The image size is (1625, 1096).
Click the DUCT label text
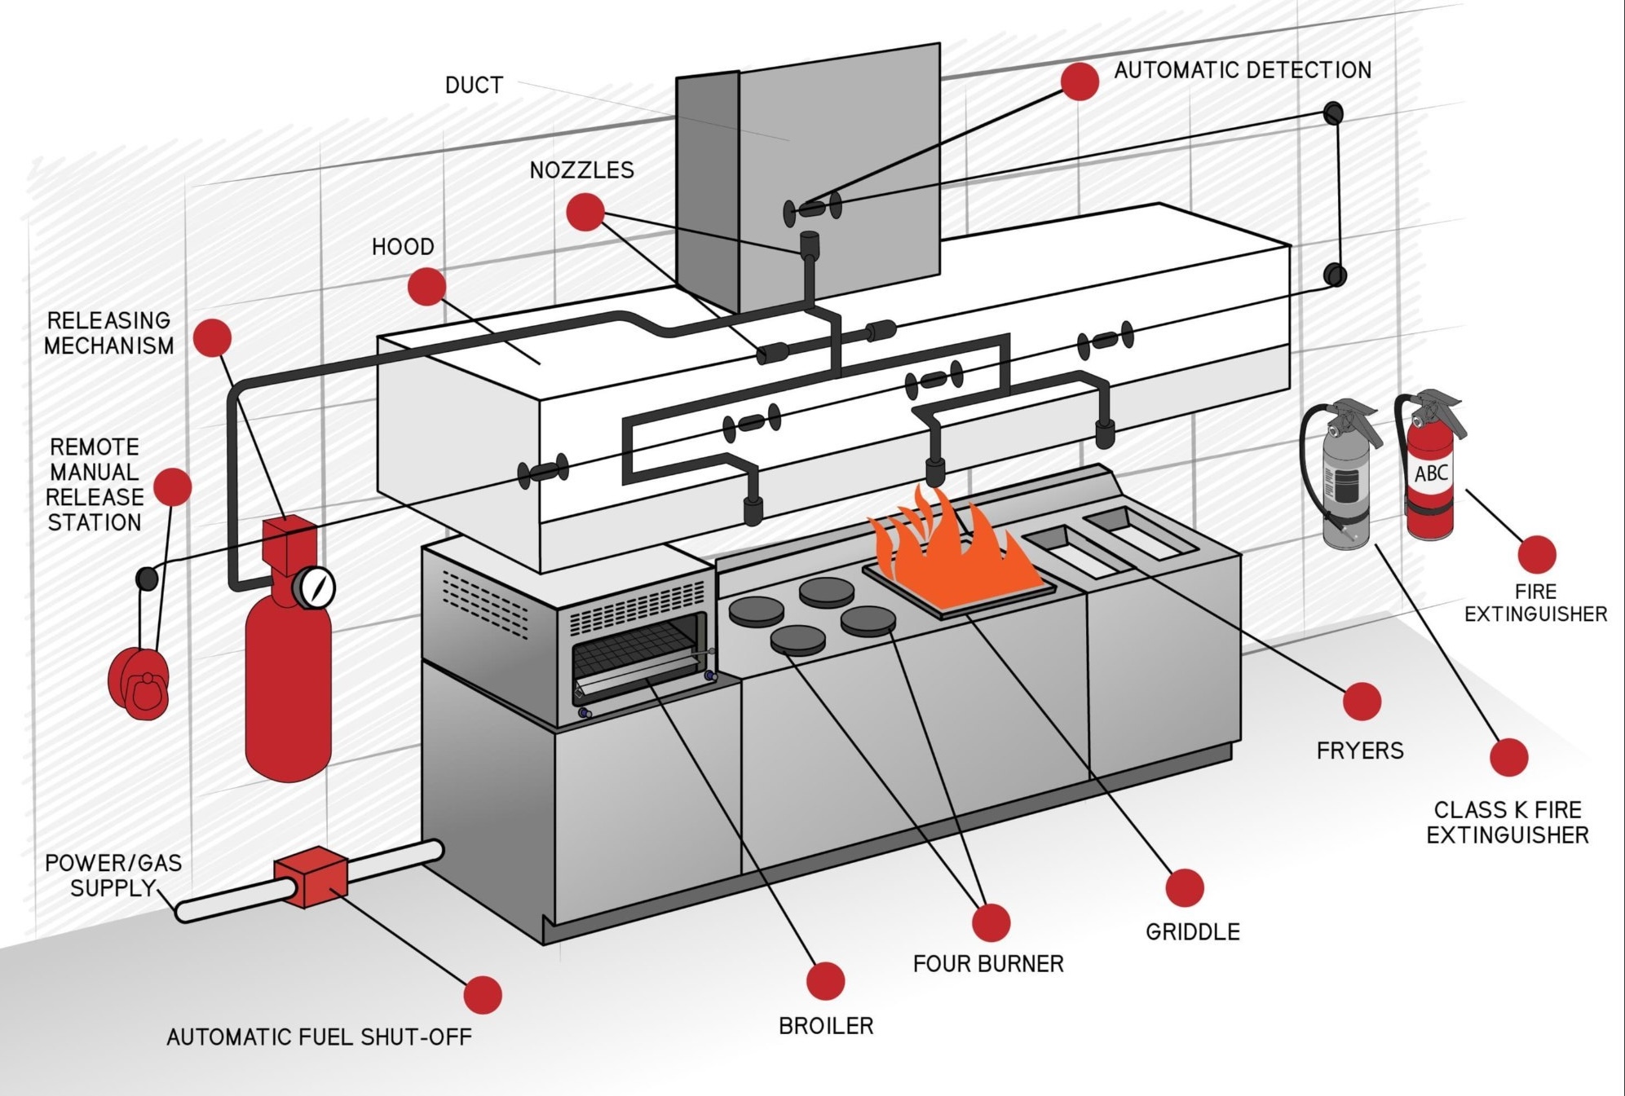pyautogui.click(x=474, y=86)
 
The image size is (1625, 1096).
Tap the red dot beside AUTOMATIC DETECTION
pyautogui.click(x=1080, y=81)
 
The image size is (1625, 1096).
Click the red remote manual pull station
pyautogui.click(x=139, y=682)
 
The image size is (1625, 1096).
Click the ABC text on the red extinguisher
pyautogui.click(x=1431, y=473)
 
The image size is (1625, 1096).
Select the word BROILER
pyautogui.click(x=825, y=1026)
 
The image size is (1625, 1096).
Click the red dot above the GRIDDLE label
pyautogui.click(x=1184, y=887)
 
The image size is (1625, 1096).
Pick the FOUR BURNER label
pyautogui.click(x=987, y=964)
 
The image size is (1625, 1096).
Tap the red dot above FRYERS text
pyautogui.click(x=1361, y=701)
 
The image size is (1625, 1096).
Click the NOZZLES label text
pyautogui.click(x=581, y=170)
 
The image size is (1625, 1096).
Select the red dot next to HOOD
pyautogui.click(x=426, y=286)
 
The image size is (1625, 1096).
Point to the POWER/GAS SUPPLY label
pyautogui.click(x=113, y=875)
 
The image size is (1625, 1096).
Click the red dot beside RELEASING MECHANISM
pyautogui.click(x=213, y=337)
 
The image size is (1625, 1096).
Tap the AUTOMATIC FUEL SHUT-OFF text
pyautogui.click(x=319, y=1037)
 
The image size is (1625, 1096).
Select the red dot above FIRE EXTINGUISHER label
pyautogui.click(x=1536, y=555)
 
